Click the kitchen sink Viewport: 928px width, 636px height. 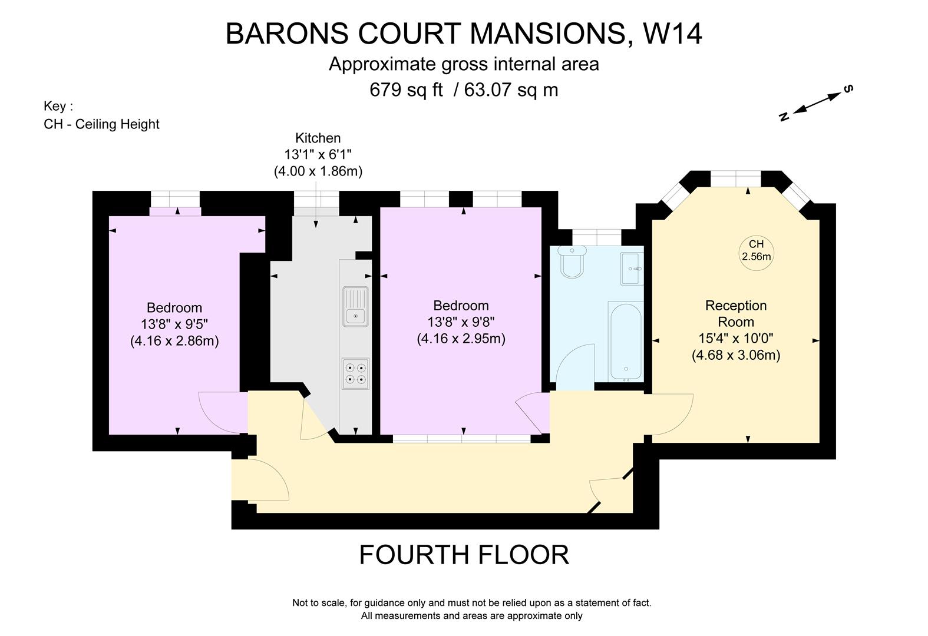pyautogui.click(x=355, y=307)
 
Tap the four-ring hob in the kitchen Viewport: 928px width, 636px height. pyautogui.click(x=355, y=374)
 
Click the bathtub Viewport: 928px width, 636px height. pyautogui.click(x=625, y=342)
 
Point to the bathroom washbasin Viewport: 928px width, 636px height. pyautogui.click(x=632, y=269)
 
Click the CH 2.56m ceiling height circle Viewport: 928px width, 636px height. pyautogui.click(x=756, y=250)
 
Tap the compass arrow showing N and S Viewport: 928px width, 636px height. pyautogui.click(x=817, y=103)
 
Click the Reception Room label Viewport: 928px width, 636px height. pyautogui.click(x=736, y=313)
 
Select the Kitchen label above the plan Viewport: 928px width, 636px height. pyautogui.click(x=318, y=138)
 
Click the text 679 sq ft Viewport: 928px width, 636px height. pyautogui.click(x=406, y=90)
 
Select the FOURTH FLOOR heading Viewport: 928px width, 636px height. pyautogui.click(x=464, y=555)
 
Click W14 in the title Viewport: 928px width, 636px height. pyautogui.click(x=672, y=34)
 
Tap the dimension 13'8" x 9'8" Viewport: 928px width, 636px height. pyautogui.click(x=461, y=322)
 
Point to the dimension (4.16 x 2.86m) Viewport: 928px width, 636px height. pyautogui.click(x=174, y=341)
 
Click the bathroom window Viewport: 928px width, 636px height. pyautogui.click(x=597, y=237)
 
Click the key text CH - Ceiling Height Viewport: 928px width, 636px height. pyautogui.click(x=101, y=124)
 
